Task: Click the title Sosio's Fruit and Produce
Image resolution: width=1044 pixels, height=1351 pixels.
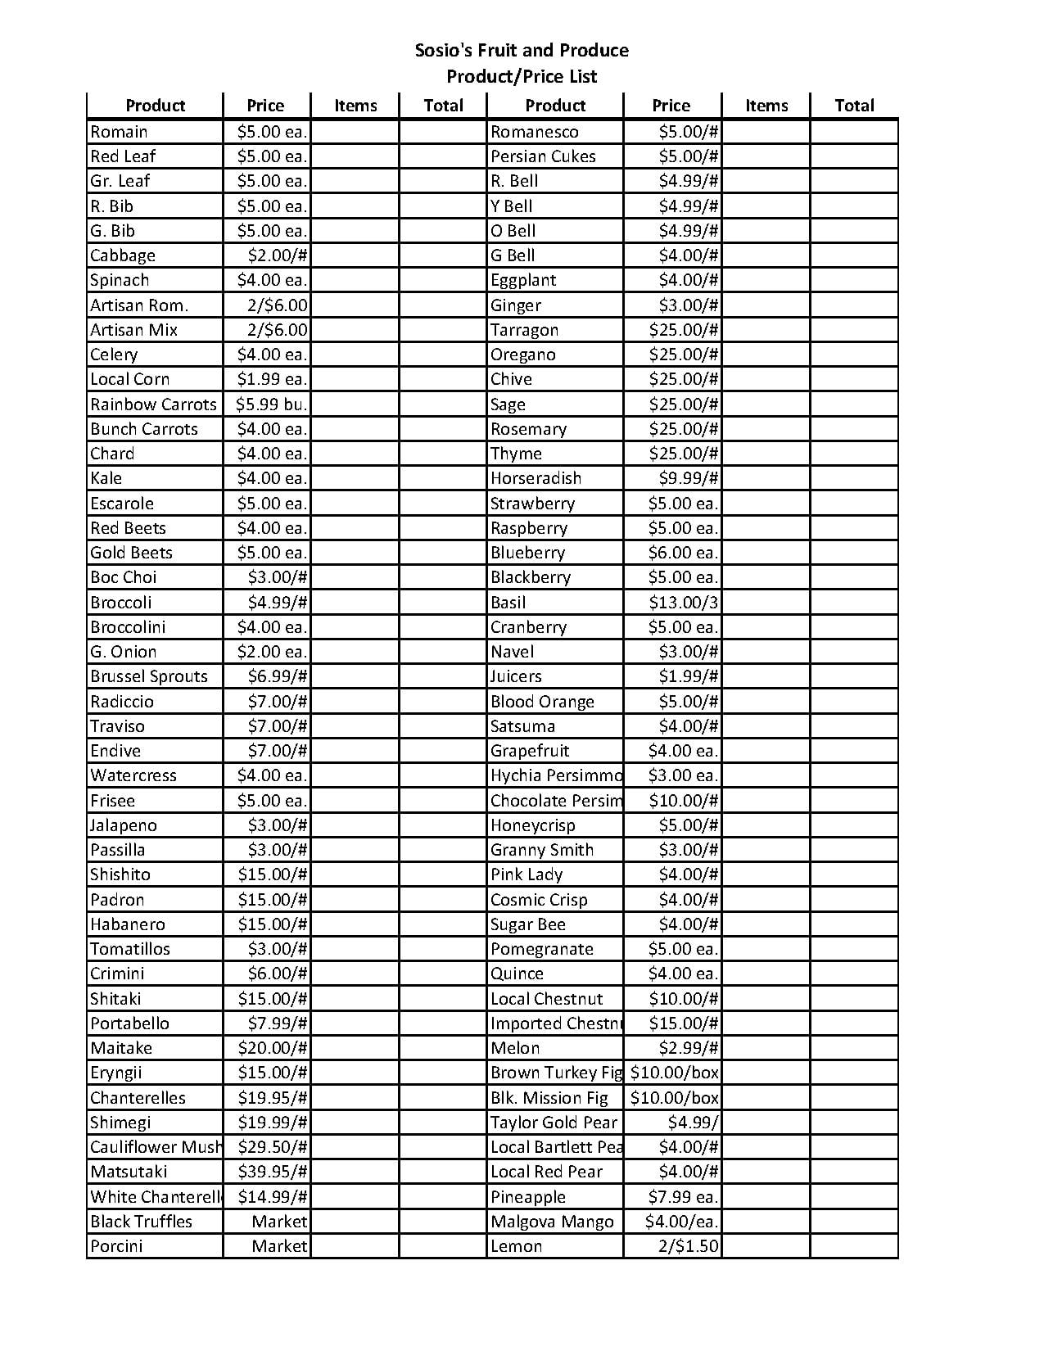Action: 522,51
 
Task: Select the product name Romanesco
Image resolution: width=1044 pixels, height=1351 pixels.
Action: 535,132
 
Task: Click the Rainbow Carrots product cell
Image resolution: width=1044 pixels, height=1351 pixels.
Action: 153,404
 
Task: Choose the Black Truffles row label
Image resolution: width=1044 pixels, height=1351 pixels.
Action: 141,1222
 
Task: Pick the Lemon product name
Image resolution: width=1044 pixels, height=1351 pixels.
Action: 516,1246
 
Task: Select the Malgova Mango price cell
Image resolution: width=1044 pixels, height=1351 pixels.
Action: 681,1222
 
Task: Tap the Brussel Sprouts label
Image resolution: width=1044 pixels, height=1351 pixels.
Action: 149,676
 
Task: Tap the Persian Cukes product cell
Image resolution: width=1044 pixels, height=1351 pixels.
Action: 543,156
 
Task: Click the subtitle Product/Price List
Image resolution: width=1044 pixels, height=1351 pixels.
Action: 522,77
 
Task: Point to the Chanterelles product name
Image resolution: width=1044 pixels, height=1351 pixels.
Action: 138,1098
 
